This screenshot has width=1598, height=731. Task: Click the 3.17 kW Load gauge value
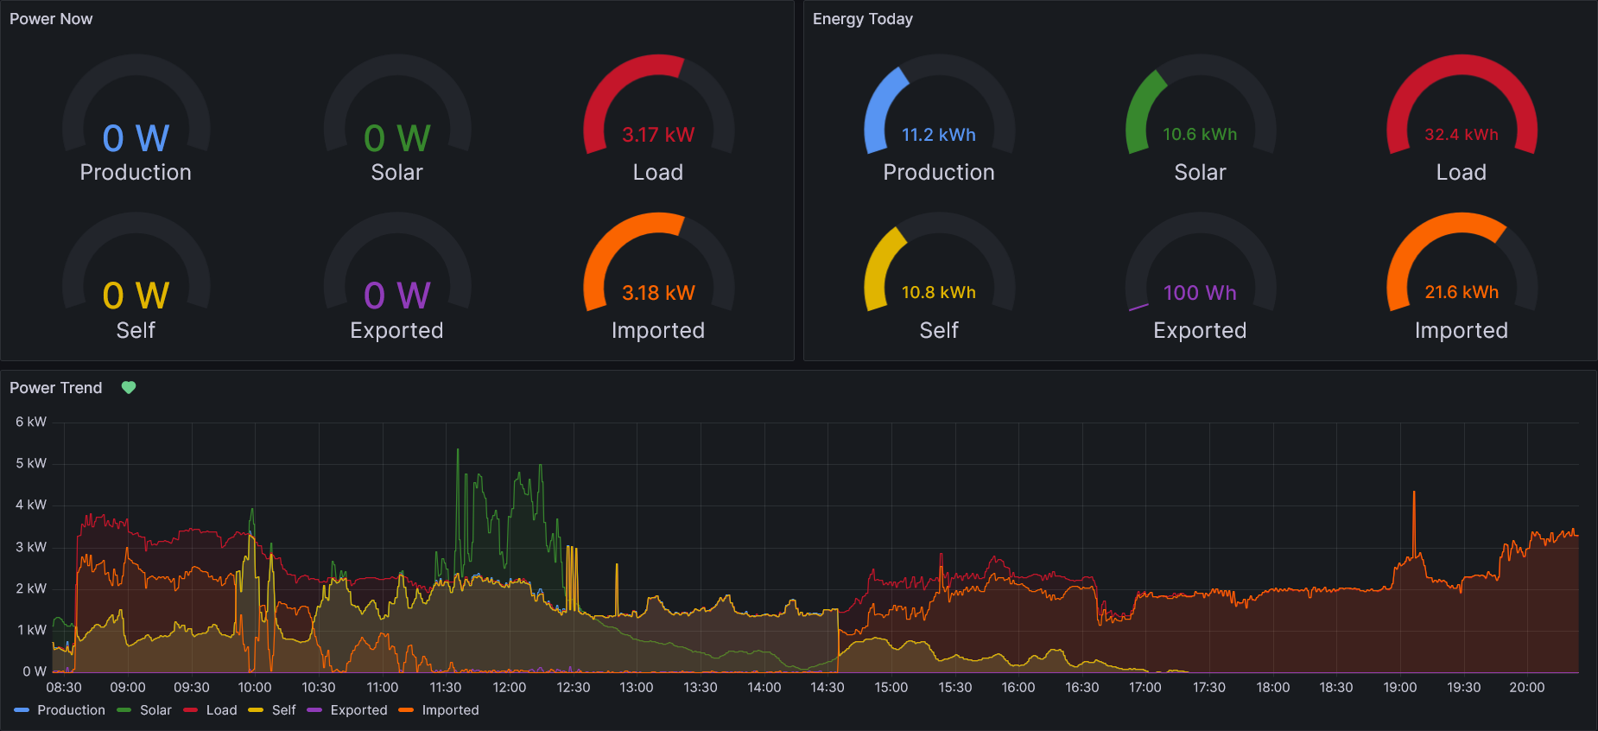[658, 135]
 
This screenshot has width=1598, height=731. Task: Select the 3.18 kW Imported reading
[658, 293]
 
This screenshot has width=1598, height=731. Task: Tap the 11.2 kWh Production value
[939, 135]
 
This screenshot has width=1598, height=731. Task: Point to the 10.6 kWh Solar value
[1200, 135]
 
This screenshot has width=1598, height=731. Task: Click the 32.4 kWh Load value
[1462, 135]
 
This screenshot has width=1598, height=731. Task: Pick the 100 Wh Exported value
[1200, 293]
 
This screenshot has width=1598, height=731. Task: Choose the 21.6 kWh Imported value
[1462, 293]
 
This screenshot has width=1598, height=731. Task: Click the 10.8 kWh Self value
[939, 293]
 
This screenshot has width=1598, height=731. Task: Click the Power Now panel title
[51, 19]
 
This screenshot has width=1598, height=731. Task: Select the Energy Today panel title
[862, 19]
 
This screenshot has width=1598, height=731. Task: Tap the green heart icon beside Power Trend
[129, 388]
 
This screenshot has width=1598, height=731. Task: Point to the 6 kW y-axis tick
[31, 422]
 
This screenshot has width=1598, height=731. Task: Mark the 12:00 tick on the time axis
[510, 688]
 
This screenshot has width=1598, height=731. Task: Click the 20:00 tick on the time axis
[1526, 688]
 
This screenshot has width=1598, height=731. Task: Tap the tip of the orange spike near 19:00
[1414, 493]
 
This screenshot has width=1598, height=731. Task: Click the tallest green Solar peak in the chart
[458, 450]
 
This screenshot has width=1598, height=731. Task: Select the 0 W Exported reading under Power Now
[396, 296]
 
